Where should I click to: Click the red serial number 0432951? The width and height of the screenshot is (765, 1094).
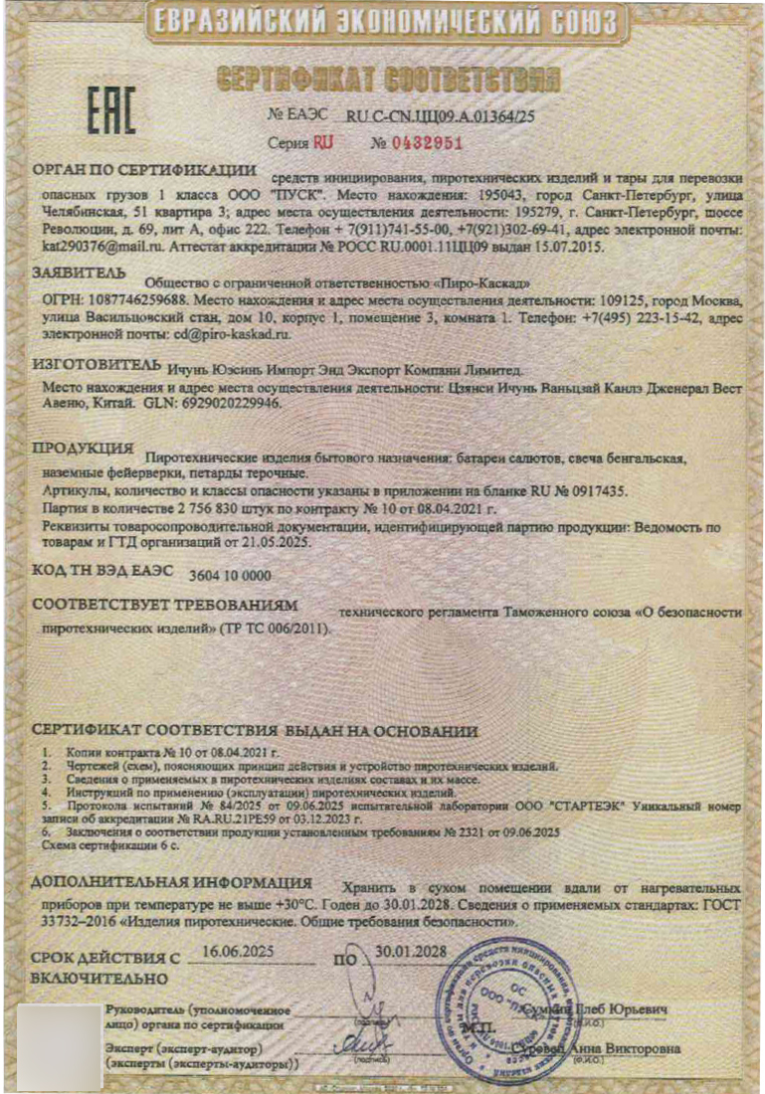coord(428,142)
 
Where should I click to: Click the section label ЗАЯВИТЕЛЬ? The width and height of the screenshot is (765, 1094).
coord(80,272)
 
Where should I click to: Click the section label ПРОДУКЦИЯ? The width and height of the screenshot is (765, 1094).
coord(84,448)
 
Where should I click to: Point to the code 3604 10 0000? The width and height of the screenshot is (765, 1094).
coord(230,574)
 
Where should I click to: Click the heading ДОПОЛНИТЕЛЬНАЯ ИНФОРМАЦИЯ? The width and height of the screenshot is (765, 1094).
coord(172,883)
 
